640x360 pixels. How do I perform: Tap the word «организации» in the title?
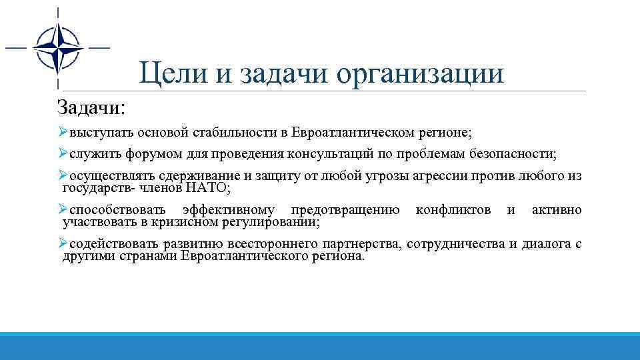421,74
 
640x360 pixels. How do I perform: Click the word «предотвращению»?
345,211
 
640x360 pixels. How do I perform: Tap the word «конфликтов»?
453,211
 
